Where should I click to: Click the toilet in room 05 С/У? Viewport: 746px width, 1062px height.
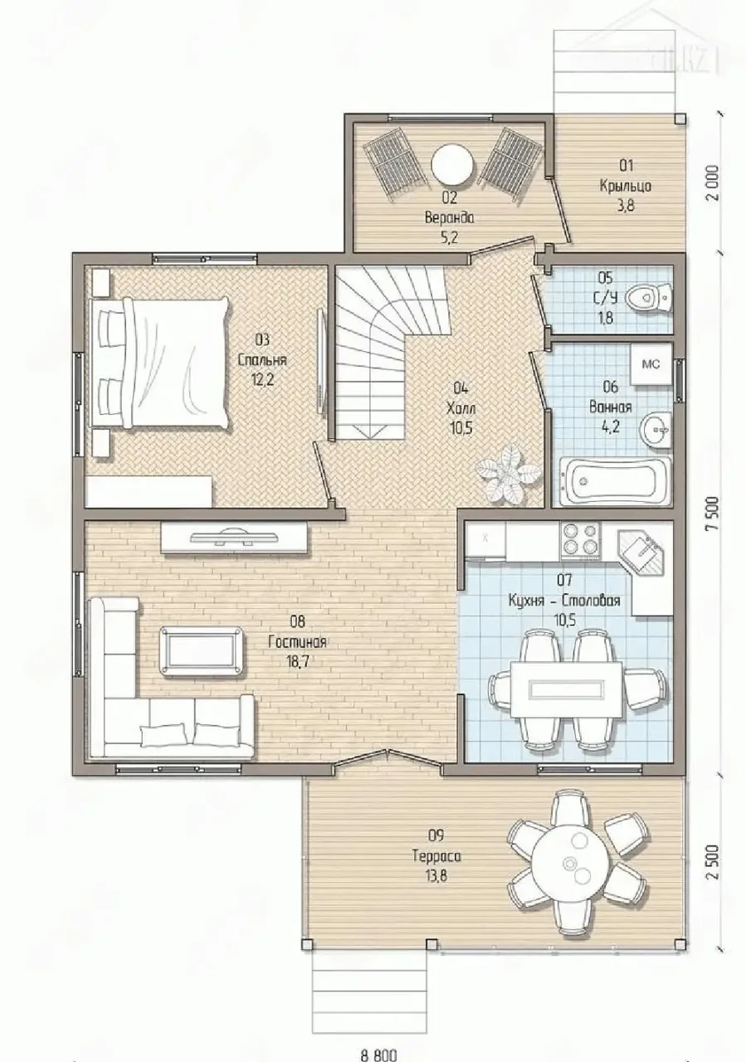pos(649,298)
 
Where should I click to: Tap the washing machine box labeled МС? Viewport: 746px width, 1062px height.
pos(651,364)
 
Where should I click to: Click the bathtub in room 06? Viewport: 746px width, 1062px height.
pos(616,481)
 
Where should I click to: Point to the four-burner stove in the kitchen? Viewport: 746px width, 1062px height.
pos(580,540)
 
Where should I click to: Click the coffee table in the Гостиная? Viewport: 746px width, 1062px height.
pos(202,650)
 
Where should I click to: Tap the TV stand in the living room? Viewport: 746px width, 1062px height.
pos(234,538)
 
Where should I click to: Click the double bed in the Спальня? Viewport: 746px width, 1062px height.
pos(161,363)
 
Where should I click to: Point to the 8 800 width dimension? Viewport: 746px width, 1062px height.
pos(378,1055)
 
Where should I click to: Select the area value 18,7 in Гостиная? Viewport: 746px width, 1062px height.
pos(297,662)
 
